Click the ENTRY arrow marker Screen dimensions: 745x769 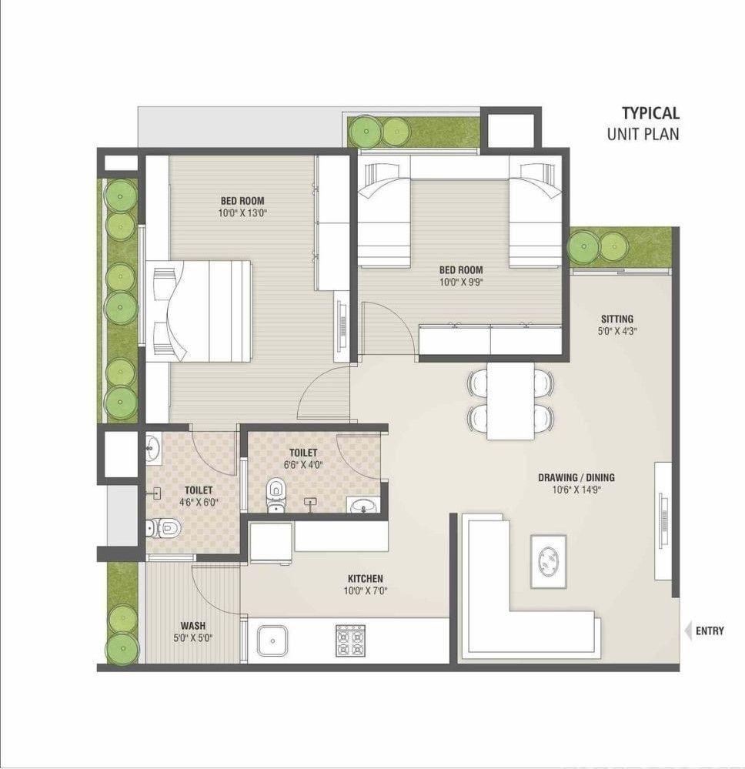(x=687, y=630)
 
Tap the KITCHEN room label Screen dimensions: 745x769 (x=366, y=579)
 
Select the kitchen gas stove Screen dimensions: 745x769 (x=351, y=640)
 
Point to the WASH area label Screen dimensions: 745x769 (x=193, y=626)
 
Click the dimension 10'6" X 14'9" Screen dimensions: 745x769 (x=576, y=490)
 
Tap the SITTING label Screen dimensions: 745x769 (x=617, y=319)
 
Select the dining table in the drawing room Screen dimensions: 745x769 (x=510, y=401)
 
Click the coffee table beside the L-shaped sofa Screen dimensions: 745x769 (x=548, y=561)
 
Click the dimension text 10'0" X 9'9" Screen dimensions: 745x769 (x=460, y=282)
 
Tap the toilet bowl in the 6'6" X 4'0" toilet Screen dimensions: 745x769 (x=276, y=494)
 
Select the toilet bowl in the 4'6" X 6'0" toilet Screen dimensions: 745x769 (x=164, y=528)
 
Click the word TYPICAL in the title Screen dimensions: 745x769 (x=651, y=113)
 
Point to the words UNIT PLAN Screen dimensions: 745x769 (x=643, y=134)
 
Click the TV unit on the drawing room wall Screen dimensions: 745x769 (x=663, y=521)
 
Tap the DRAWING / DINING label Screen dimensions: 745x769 (x=576, y=477)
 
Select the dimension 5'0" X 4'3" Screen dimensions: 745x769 (x=617, y=331)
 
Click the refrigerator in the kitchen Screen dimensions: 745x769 (x=271, y=543)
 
